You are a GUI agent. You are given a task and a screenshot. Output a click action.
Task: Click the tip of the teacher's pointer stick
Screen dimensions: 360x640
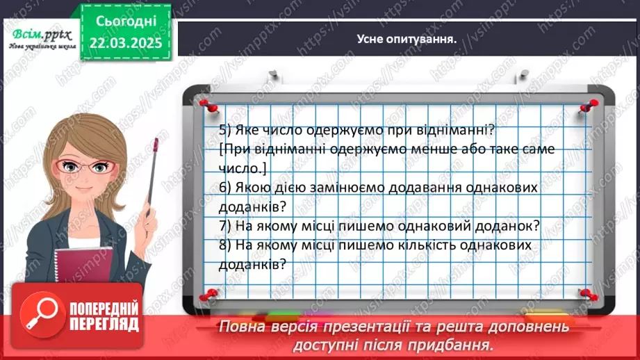(x=157, y=142)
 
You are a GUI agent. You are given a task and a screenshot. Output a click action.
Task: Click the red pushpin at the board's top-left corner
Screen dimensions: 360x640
(x=205, y=104)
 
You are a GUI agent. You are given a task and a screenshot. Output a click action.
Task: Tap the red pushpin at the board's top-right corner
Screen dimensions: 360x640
(x=589, y=104)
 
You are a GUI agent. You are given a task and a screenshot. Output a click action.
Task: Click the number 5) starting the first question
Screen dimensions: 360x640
(x=225, y=130)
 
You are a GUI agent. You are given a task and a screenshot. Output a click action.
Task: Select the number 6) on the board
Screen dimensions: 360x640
(x=225, y=188)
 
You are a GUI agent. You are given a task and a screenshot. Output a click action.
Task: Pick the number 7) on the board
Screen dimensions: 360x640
(x=225, y=227)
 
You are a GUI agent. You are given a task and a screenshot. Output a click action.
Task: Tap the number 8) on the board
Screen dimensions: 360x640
(x=225, y=246)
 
